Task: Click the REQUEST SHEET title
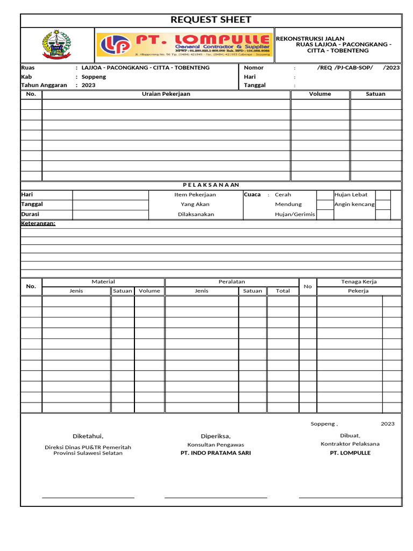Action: click(x=211, y=20)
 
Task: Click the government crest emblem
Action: click(x=56, y=45)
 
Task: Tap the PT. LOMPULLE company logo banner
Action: click(x=184, y=45)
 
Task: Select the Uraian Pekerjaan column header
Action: click(x=166, y=94)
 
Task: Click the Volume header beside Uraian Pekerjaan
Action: click(x=320, y=94)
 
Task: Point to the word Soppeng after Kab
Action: click(x=94, y=77)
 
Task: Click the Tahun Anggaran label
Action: click(x=44, y=85)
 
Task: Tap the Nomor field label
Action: click(x=254, y=68)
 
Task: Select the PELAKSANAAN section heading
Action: click(x=211, y=185)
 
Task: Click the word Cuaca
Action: click(x=252, y=194)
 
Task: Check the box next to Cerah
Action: click(x=324, y=195)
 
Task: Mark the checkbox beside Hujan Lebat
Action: click(x=382, y=195)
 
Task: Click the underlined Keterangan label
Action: click(x=38, y=223)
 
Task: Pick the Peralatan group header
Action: click(x=232, y=281)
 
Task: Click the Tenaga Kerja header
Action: click(x=359, y=281)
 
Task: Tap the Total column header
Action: click(x=283, y=291)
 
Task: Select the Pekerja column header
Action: click(x=359, y=291)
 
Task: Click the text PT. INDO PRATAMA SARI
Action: click(x=216, y=453)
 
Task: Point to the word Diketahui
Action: click(x=88, y=436)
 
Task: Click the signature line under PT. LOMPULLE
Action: click(x=350, y=497)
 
